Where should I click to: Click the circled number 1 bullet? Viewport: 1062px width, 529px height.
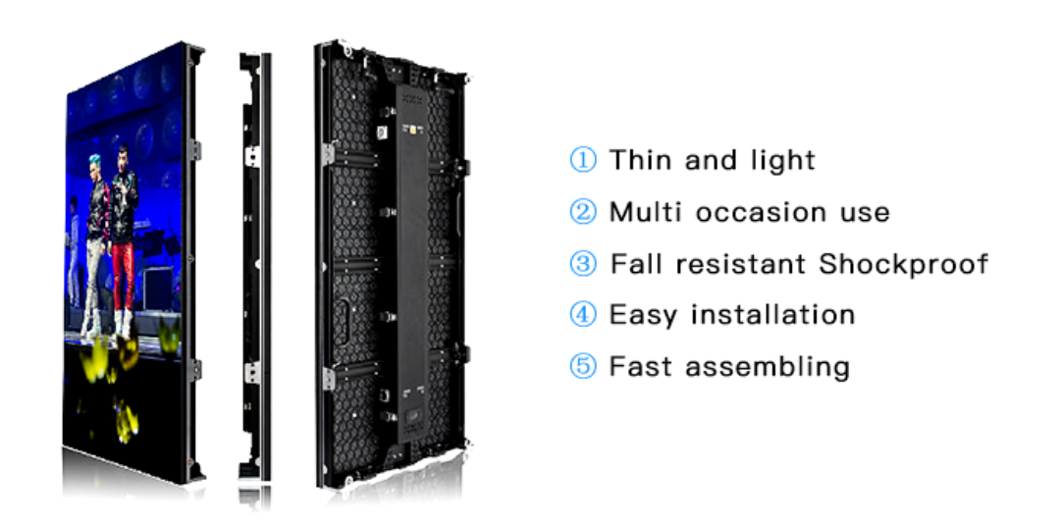[x=582, y=160]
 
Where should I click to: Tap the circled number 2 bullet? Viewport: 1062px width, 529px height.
[x=582, y=211]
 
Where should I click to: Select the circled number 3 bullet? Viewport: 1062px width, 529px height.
[x=582, y=263]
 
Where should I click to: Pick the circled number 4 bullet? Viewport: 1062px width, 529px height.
[x=582, y=314]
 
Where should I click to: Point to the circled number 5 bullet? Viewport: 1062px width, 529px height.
[x=582, y=366]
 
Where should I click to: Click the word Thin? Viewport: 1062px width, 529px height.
[x=641, y=160]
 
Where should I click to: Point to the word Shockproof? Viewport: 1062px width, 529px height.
[x=904, y=264]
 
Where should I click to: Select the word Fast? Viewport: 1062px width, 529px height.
[x=640, y=366]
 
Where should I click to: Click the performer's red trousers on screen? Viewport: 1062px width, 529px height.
[x=124, y=276]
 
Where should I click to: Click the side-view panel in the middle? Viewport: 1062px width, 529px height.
[x=254, y=268]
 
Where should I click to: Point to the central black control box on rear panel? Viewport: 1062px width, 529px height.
[x=411, y=263]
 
